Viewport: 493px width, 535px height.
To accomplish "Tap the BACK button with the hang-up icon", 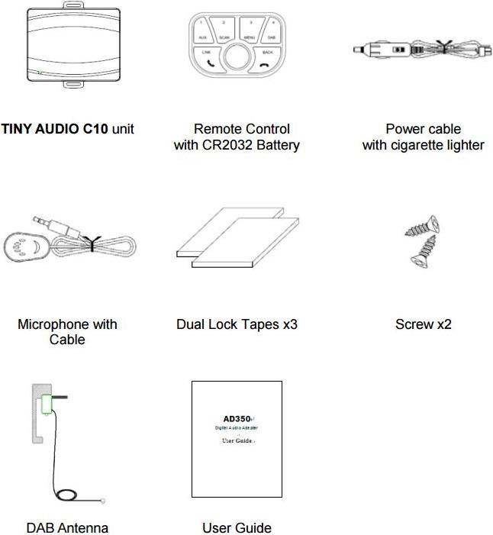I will pos(266,59).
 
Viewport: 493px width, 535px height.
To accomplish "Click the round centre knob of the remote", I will pos(237,58).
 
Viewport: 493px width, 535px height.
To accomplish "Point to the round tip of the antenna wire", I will pos(103,501).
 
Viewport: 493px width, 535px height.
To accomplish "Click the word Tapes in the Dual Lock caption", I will pos(257,324).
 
